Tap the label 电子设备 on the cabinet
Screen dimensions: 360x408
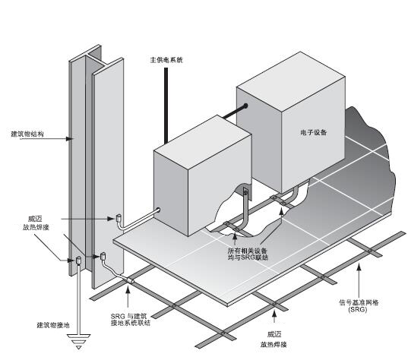click(313, 133)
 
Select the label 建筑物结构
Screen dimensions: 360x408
click(27, 134)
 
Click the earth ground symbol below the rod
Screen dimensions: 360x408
click(77, 343)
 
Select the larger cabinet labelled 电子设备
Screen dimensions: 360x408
click(296, 137)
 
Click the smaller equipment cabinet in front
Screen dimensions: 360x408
click(198, 182)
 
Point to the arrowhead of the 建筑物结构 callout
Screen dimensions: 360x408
click(73, 138)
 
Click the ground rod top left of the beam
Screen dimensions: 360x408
click(77, 263)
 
